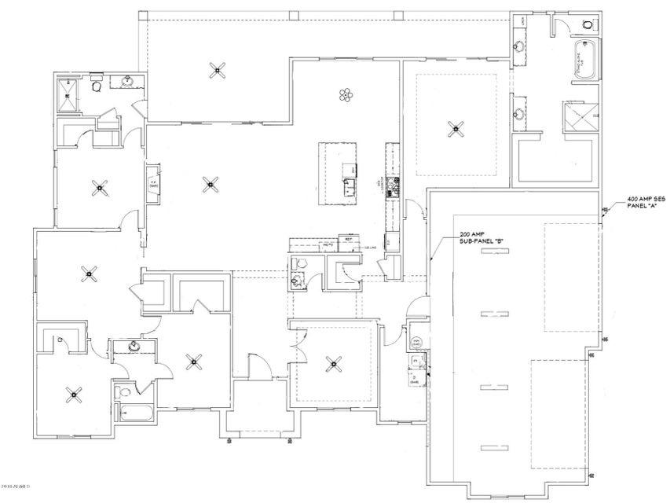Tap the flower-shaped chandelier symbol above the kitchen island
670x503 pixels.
pyautogui.click(x=345, y=96)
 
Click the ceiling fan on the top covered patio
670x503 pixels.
pyautogui.click(x=215, y=71)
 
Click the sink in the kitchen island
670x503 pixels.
pyautogui.click(x=348, y=185)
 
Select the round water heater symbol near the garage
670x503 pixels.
pyautogui.click(x=413, y=343)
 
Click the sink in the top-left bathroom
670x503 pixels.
pyautogui.click(x=126, y=80)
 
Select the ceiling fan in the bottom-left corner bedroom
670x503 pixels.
pyautogui.click(x=75, y=395)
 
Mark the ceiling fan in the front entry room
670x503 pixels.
pyautogui.click(x=335, y=363)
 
